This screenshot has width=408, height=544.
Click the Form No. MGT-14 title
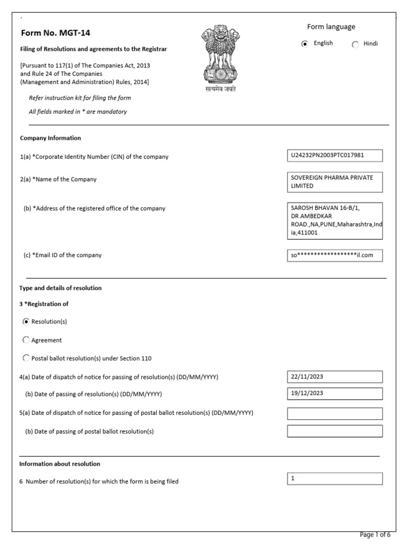55,33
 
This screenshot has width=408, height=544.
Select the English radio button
304,44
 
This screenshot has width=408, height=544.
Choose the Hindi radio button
355,45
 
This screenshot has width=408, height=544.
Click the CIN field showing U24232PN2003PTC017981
334,156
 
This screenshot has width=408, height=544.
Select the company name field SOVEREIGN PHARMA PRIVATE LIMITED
334,182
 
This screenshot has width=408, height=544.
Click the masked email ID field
334,256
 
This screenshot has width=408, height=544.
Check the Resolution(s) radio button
26,321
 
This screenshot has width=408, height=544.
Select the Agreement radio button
26,340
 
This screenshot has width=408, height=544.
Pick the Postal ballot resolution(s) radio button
26,358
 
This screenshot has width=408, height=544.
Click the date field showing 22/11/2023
334,377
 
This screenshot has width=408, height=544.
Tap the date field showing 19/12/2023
334,394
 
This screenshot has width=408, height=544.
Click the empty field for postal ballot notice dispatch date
334,413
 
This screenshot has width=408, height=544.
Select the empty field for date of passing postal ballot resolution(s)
334,431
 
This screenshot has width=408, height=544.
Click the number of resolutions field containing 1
334,479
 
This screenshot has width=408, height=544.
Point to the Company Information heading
50,138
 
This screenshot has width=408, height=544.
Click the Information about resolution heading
59,464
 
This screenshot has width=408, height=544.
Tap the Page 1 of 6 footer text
375,534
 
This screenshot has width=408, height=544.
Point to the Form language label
331,27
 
